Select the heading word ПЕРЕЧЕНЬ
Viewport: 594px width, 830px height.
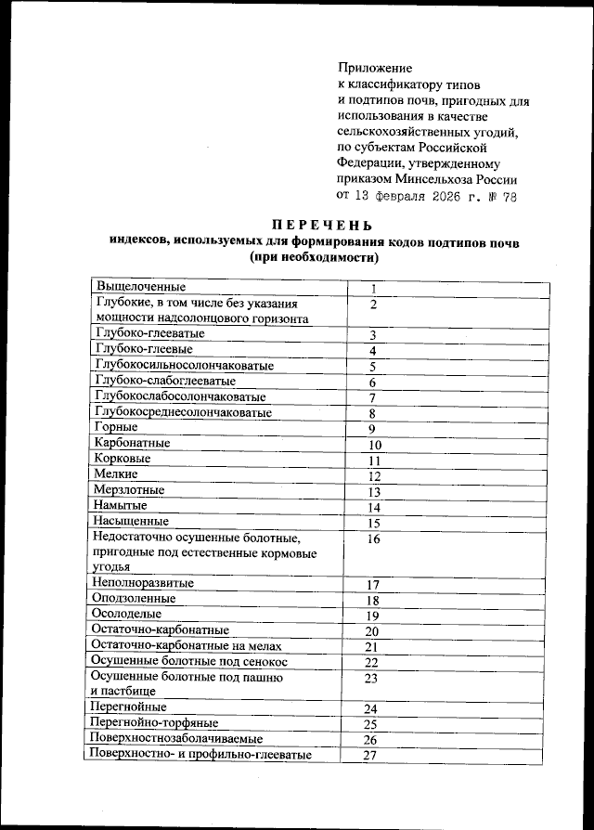click(x=322, y=225)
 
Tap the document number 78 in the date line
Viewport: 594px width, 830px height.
click(x=508, y=197)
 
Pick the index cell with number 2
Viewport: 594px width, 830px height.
click(x=373, y=305)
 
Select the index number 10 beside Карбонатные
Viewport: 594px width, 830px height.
click(x=375, y=445)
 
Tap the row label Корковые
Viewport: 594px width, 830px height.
click(x=123, y=460)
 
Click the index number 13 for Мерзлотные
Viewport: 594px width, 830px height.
click(x=375, y=492)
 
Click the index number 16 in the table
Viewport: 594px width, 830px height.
click(x=374, y=538)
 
